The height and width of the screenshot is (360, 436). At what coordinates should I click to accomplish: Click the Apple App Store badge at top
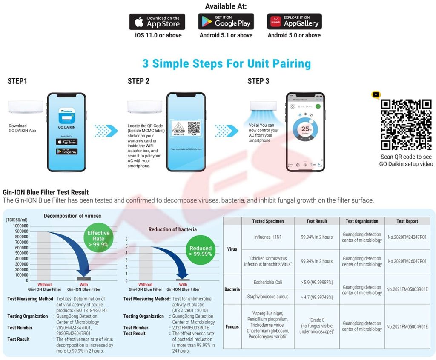point(157,22)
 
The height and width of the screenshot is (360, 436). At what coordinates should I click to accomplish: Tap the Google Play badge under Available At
point(226,21)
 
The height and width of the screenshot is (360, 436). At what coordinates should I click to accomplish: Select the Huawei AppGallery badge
point(294,21)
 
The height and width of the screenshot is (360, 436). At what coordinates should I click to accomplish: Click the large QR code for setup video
point(406,124)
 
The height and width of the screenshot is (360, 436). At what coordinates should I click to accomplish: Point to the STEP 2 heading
point(139,81)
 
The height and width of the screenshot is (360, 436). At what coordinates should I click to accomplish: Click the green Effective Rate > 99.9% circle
point(98,239)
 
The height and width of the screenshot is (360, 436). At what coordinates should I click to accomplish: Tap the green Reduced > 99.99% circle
point(201,251)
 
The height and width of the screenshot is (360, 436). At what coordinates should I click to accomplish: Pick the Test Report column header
point(407,221)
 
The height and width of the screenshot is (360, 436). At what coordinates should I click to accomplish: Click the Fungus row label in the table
point(232,327)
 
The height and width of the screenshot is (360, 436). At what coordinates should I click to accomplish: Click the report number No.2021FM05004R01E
point(407,327)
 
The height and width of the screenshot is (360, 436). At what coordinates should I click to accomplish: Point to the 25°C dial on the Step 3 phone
point(305,129)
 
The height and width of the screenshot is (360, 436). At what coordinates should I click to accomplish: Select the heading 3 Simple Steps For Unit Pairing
point(226,64)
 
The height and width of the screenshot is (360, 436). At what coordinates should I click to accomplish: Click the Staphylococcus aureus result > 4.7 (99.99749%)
point(316,297)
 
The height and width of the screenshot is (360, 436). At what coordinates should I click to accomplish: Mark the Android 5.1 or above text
point(226,35)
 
